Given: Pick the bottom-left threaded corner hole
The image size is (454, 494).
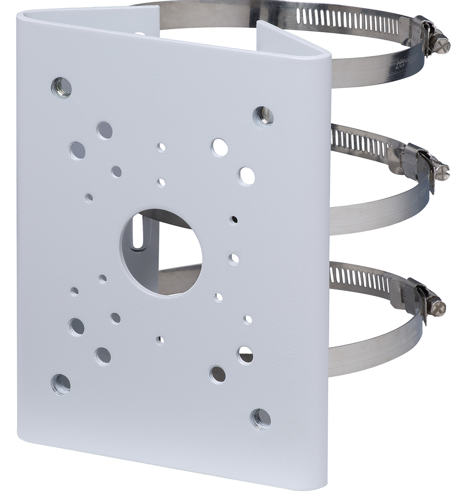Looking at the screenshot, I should tap(60, 383).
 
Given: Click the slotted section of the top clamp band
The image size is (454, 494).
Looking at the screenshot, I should tap(372, 16).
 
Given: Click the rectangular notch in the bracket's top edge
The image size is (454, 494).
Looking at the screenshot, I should tap(213, 27).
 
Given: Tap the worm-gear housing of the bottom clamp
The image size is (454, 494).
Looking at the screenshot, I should tap(418, 297).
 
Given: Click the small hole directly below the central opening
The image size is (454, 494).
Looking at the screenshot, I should tap(160, 339).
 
